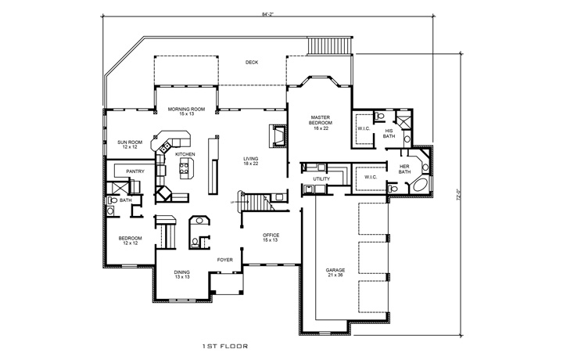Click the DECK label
(x=251, y=63)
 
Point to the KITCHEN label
(x=185, y=155)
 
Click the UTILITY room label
(x=321, y=179)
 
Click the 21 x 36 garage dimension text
(x=335, y=275)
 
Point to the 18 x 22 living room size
(x=250, y=164)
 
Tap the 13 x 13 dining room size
(x=181, y=277)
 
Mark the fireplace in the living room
(x=278, y=136)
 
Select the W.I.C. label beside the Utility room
(x=370, y=178)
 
